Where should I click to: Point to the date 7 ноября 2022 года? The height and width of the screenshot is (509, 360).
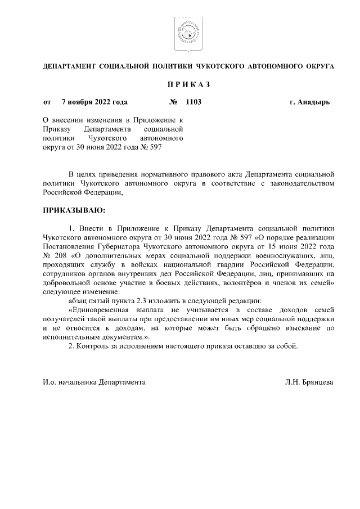click(94, 102)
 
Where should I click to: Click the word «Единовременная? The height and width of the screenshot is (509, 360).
click(99, 309)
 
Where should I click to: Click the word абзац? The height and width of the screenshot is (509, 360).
click(78, 300)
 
